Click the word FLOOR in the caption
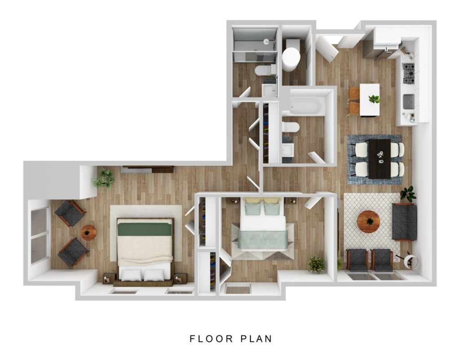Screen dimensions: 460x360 click(x=211, y=338)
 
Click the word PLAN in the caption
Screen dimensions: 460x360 click(x=257, y=338)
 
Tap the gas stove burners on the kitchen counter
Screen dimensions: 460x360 click(x=408, y=73)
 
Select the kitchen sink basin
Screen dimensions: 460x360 click(x=408, y=101)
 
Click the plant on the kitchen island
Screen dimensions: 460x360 click(x=374, y=99)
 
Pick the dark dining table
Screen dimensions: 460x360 click(x=380, y=158)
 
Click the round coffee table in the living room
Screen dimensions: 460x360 click(x=368, y=222)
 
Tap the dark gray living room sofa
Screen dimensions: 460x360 click(x=404, y=222)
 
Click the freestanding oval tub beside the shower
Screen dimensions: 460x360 click(x=291, y=59)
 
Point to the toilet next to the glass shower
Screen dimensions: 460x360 click(x=265, y=70)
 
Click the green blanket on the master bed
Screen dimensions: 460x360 click(x=145, y=229)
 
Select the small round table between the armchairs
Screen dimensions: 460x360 click(x=88, y=233)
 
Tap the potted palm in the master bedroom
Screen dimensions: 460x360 click(x=104, y=178)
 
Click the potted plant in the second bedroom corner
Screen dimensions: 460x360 click(x=317, y=264)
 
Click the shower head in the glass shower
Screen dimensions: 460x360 click(x=266, y=41)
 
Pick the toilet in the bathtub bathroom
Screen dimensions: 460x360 click(x=291, y=127)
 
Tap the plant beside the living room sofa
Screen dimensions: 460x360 click(x=408, y=193)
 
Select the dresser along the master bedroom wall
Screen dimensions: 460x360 click(x=148, y=169)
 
